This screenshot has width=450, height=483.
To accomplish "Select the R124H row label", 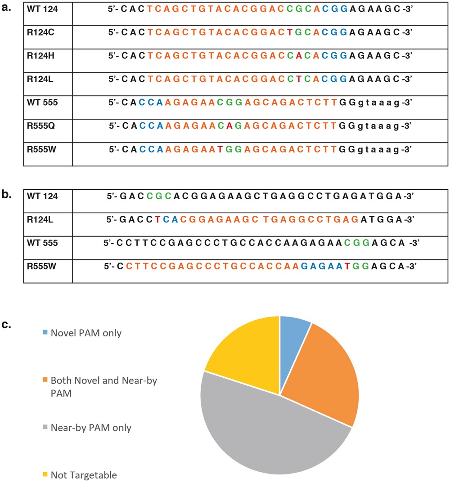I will [x=39, y=56].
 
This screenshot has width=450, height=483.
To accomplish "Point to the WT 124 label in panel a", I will [x=39, y=9].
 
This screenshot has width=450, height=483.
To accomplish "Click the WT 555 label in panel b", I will [x=39, y=243].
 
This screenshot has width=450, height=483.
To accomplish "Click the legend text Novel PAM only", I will [x=86, y=333].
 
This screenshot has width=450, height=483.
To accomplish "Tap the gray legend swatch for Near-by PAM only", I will [x=45, y=428].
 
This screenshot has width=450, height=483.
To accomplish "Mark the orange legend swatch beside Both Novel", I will [x=45, y=380].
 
